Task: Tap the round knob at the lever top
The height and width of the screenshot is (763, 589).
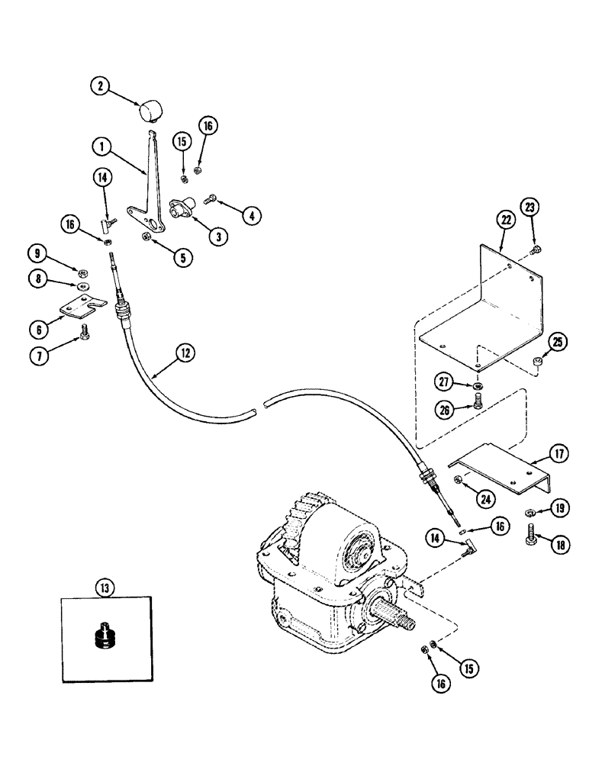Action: (x=149, y=111)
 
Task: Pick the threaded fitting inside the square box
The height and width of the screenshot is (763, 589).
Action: (x=105, y=635)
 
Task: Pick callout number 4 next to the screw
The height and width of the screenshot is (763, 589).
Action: (x=249, y=217)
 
